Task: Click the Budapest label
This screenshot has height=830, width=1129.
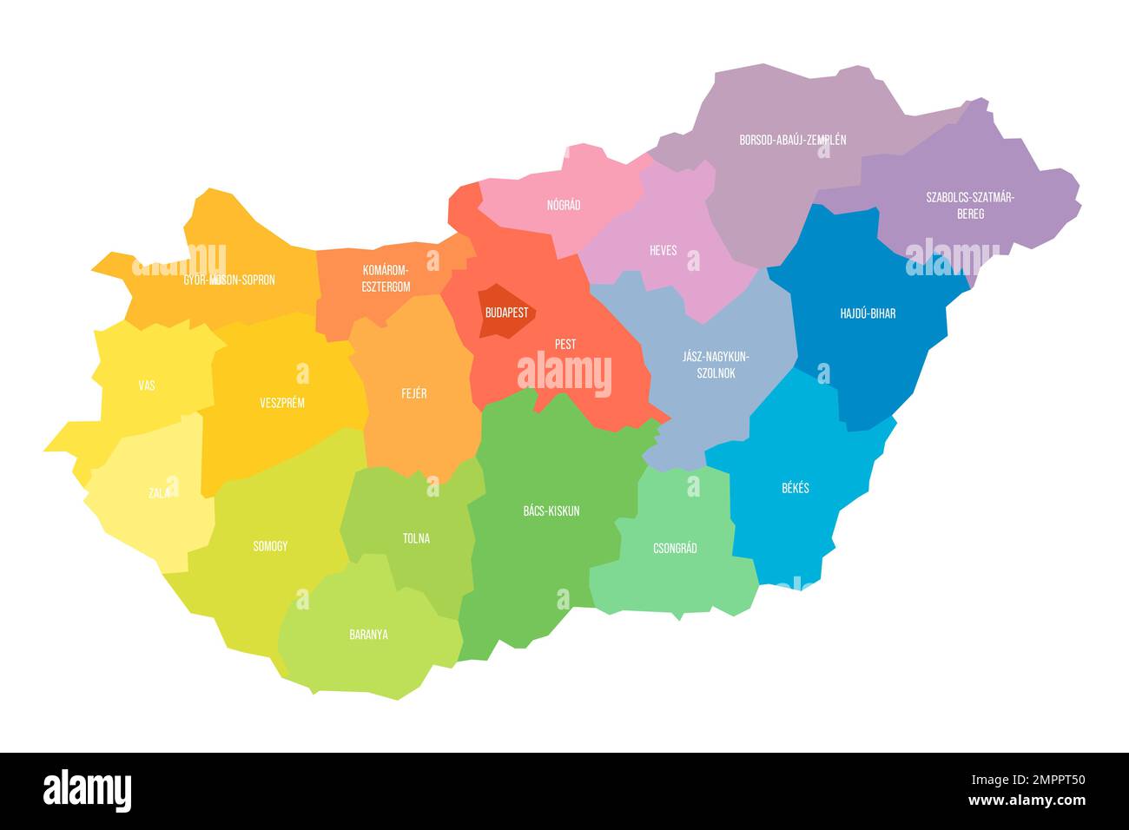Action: [x=506, y=313]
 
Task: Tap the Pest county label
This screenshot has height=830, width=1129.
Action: [x=565, y=345]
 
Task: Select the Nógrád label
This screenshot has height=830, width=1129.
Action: [x=564, y=206]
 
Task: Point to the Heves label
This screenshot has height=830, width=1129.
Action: [x=664, y=250]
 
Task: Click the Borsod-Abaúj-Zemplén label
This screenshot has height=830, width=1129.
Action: [x=792, y=140]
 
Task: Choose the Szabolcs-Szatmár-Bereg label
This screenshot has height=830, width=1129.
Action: [x=970, y=205]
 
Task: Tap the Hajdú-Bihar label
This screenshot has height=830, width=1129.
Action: [x=868, y=313]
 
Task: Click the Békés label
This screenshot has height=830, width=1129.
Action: [x=795, y=488]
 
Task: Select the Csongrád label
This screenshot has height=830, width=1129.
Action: [x=675, y=549]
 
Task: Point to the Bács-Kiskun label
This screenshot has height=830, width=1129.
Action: [x=551, y=511]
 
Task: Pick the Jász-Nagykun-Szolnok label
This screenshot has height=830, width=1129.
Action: [x=710, y=365]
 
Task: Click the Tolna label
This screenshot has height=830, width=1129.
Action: [x=416, y=538]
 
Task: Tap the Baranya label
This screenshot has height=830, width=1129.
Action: [x=368, y=635]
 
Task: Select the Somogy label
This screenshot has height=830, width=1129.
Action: [x=270, y=546]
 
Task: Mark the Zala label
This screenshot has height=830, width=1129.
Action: [x=159, y=493]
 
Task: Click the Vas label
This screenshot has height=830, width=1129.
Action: [x=147, y=385]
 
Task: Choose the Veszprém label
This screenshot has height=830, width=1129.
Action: [x=282, y=403]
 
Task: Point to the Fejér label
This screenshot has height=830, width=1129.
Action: [x=414, y=393]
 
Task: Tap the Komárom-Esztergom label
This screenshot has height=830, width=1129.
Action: [x=386, y=278]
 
